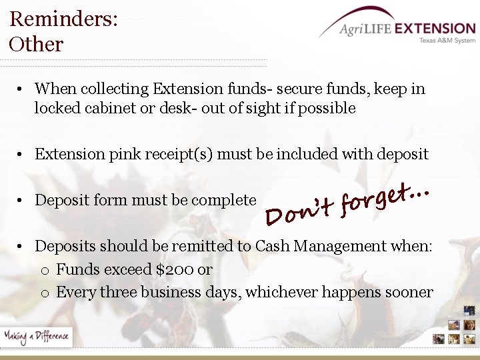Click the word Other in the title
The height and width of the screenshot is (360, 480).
coord(36,45)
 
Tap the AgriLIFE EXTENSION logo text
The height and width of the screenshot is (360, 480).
coord(407,29)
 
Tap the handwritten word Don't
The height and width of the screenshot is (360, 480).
coord(298,211)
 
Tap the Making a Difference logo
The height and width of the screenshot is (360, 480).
coord(36,336)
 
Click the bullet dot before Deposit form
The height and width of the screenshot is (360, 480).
coord(22,201)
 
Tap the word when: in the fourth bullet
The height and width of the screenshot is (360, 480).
coord(413,246)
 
